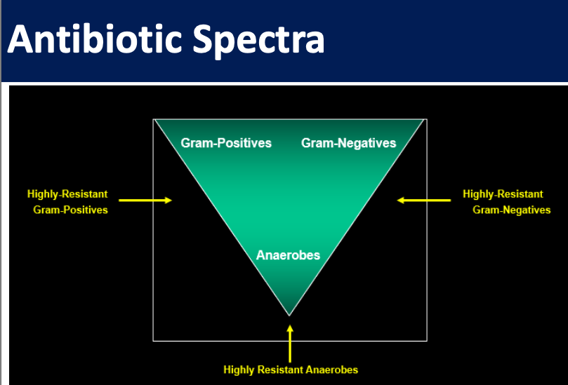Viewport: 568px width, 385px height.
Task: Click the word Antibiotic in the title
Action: [x=94, y=39]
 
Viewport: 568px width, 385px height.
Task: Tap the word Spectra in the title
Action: [x=258, y=41]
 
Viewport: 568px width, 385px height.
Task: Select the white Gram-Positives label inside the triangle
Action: [x=226, y=143]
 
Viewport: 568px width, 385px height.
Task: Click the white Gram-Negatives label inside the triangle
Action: [x=348, y=143]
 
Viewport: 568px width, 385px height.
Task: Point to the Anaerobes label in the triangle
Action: [x=288, y=255]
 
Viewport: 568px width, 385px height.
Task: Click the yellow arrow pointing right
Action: [x=145, y=200]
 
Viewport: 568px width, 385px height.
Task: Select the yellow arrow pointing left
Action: [x=424, y=200]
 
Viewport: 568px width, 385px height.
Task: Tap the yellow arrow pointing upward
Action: [x=290, y=344]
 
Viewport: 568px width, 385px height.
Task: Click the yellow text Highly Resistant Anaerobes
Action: [x=291, y=370]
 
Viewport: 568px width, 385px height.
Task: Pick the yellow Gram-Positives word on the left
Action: [x=71, y=210]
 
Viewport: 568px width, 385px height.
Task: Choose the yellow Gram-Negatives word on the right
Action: [x=512, y=210]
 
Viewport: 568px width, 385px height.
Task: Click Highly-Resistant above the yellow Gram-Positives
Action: [x=67, y=194]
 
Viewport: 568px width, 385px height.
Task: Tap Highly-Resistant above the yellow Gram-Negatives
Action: [x=503, y=194]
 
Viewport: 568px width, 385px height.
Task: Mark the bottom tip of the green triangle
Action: [x=289, y=316]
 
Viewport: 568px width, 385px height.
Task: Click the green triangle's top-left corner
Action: [x=155, y=120]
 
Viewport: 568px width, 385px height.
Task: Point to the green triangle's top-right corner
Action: [x=423, y=120]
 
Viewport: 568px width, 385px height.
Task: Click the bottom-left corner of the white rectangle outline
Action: [x=153, y=341]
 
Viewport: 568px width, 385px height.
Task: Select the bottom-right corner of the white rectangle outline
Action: [x=427, y=341]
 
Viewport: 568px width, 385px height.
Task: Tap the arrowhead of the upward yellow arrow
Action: [x=290, y=328]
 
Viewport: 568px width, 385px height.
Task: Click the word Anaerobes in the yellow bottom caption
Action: [x=332, y=370]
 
